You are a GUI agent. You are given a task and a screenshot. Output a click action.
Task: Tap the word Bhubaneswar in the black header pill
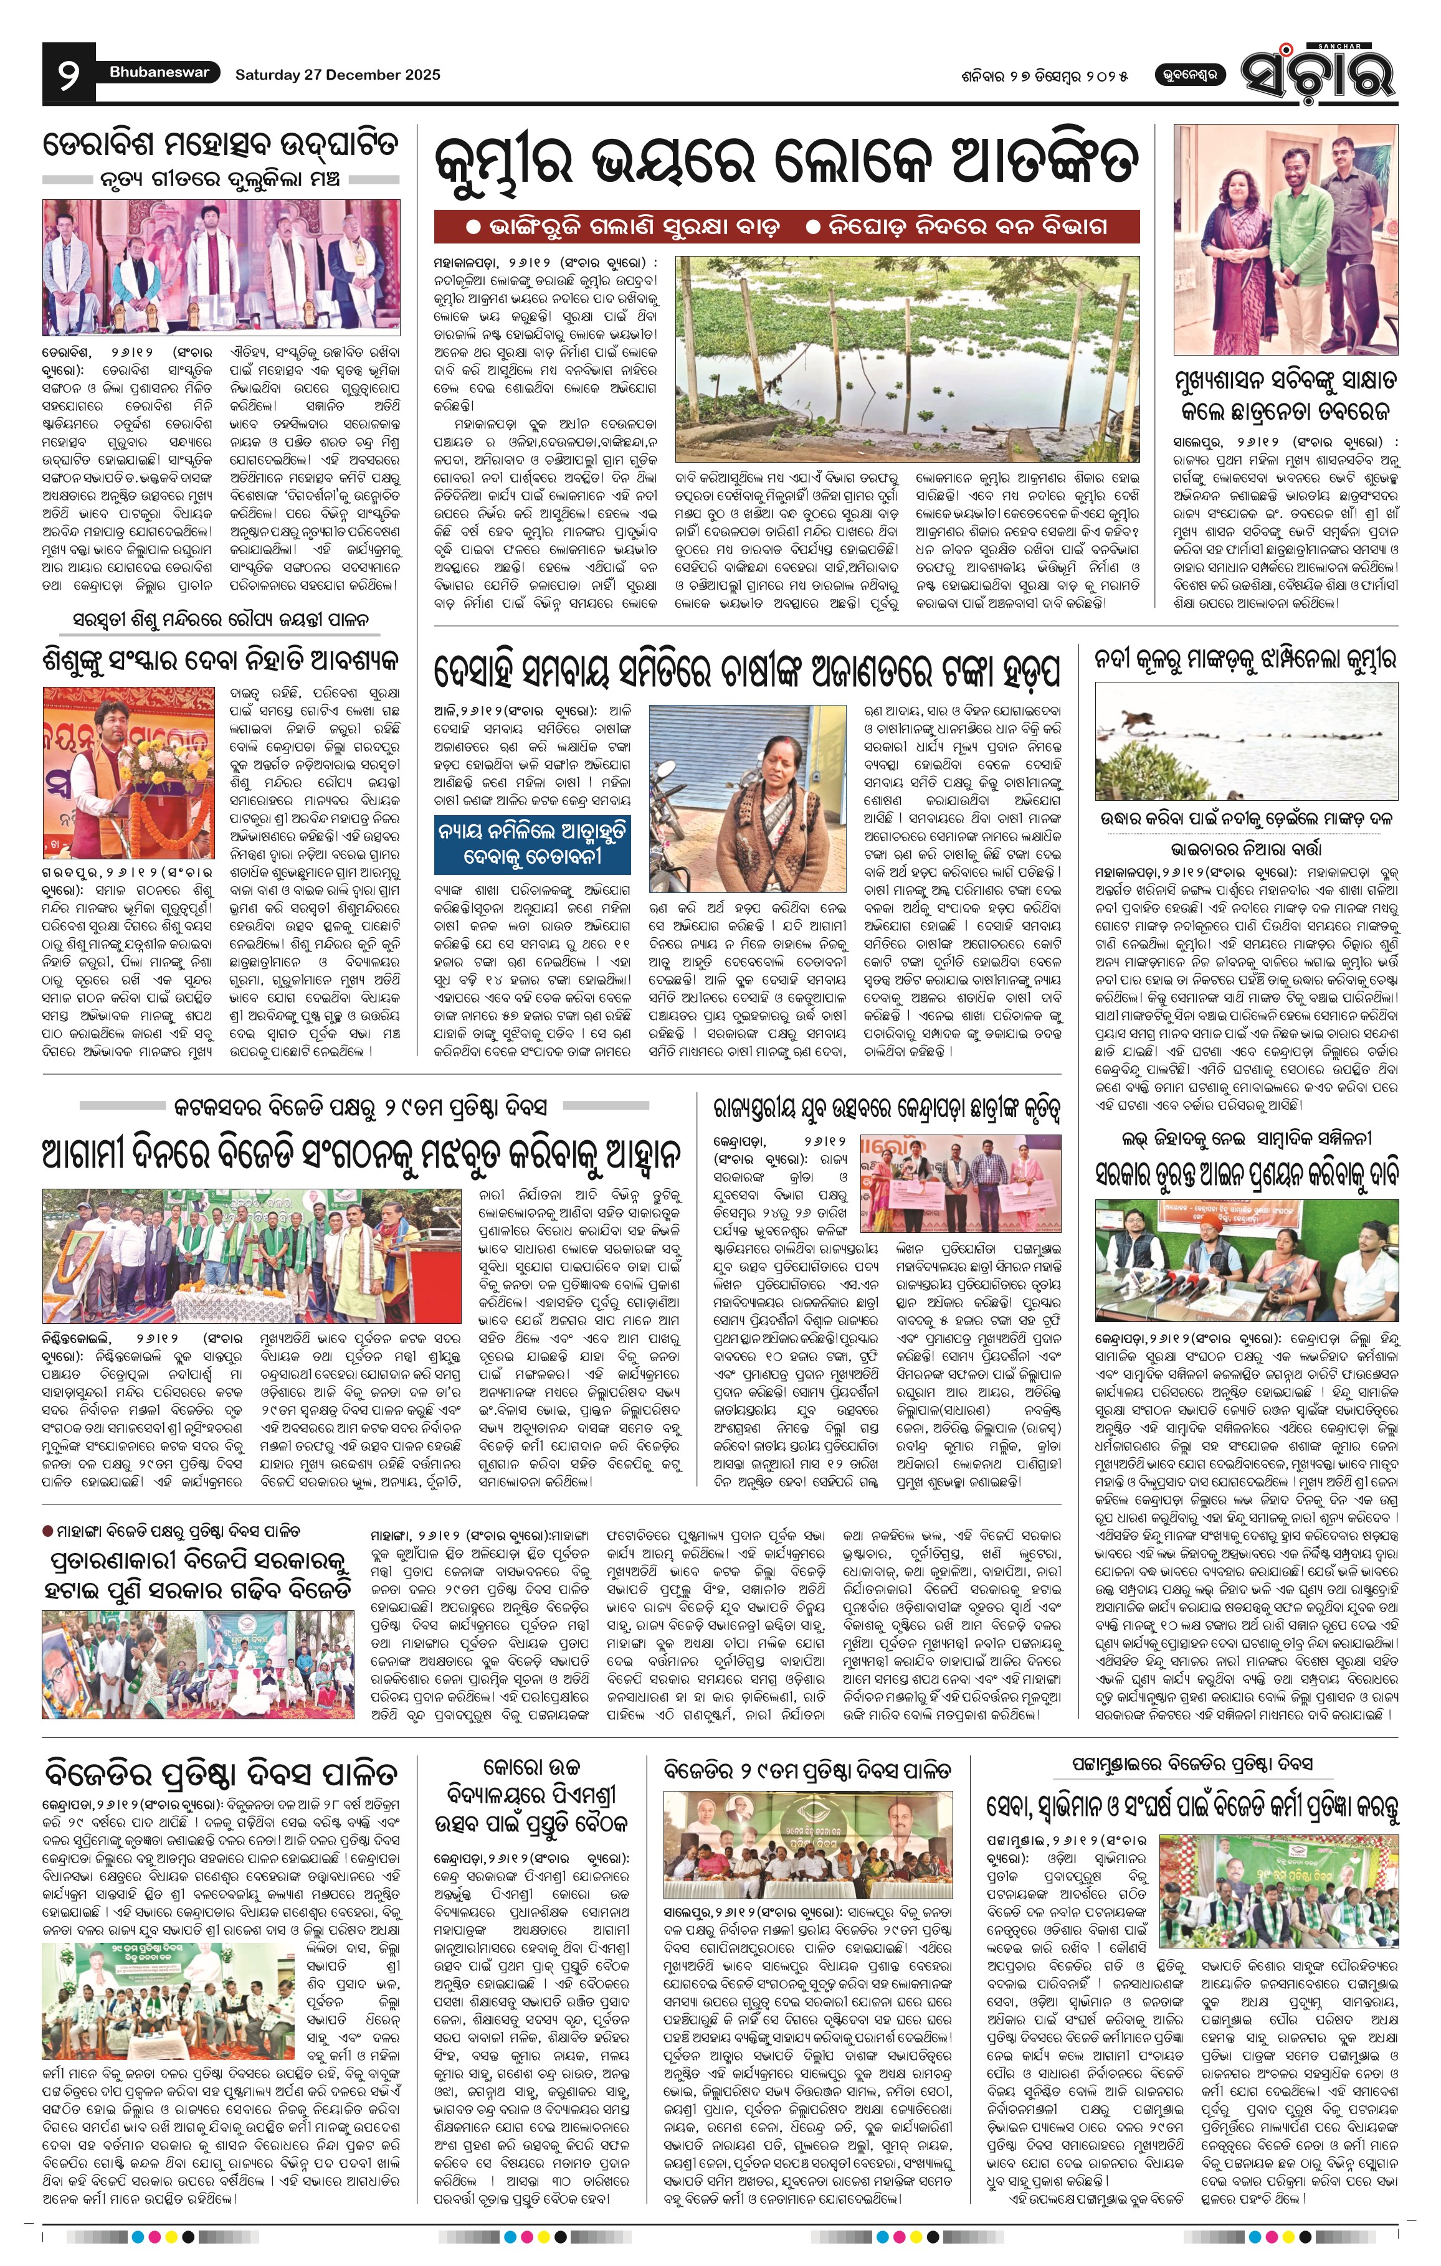click(x=159, y=72)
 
